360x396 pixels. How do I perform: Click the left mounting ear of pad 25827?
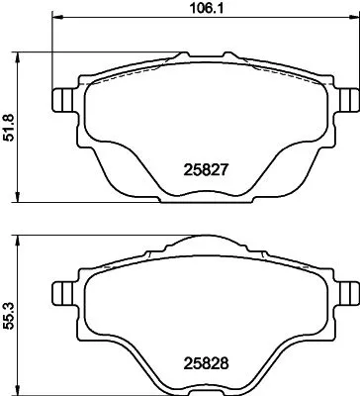click(x=61, y=101)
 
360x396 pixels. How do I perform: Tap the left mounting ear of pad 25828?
click(x=61, y=292)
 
